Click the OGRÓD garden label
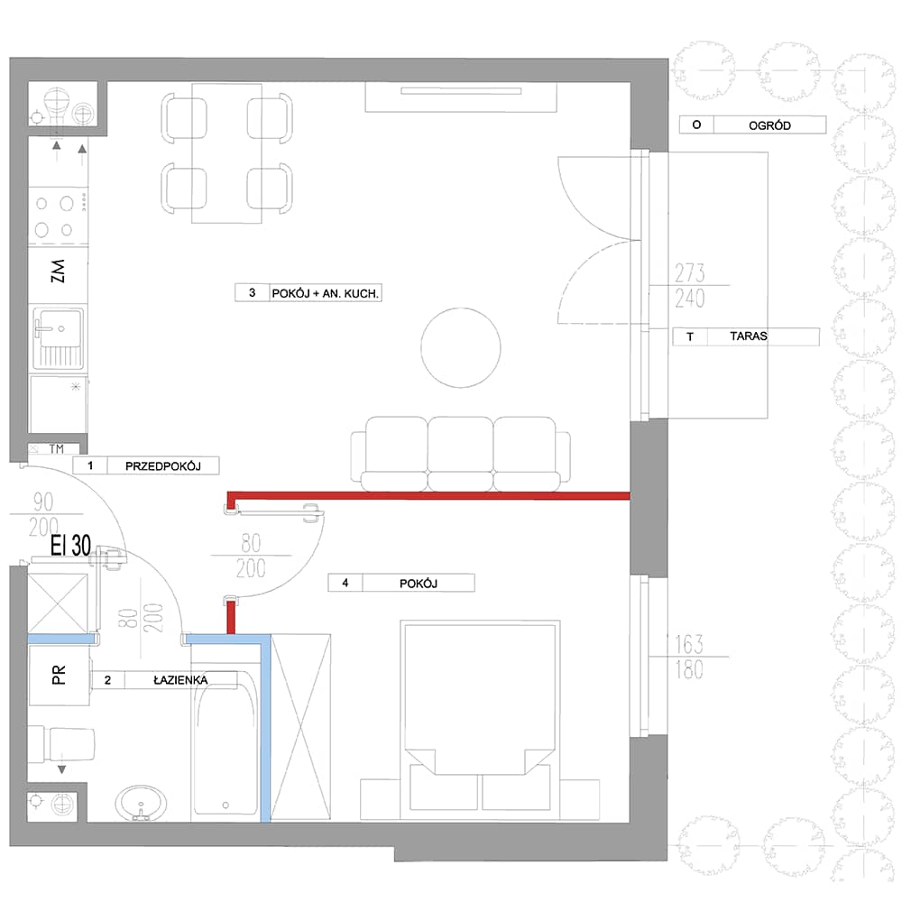point(769,125)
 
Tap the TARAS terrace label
point(748,336)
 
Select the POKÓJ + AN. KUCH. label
point(325,293)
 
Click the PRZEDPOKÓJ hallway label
point(162,466)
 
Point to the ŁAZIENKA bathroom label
point(180,680)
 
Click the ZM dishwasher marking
point(58,271)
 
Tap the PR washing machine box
point(59,675)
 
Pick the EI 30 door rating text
point(70,546)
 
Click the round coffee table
point(460,347)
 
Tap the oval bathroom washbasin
point(141,803)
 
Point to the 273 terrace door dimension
point(690,272)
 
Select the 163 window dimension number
point(688,644)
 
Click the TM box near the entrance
point(56,448)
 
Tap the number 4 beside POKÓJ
point(345,583)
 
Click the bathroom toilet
point(62,744)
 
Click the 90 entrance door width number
point(43,502)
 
